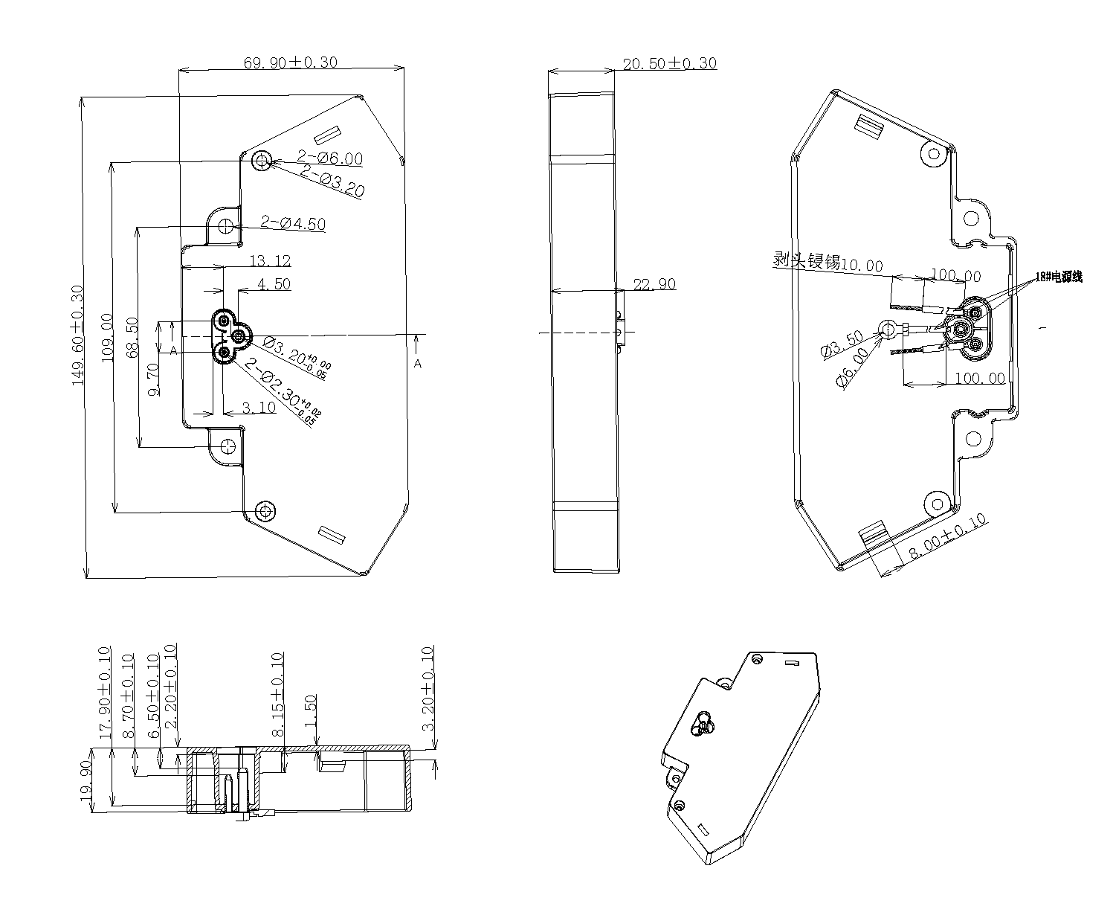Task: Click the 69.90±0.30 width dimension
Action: tap(291, 62)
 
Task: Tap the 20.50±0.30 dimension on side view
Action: tap(669, 63)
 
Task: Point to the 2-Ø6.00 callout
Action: tap(330, 158)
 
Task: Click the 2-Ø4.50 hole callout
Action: tap(293, 222)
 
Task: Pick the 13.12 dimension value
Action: tap(270, 261)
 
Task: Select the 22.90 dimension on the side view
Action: tap(654, 284)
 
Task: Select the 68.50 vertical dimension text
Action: tap(132, 338)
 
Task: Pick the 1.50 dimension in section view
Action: tap(311, 713)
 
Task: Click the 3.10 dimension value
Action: tap(259, 408)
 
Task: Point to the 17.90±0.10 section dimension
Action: tap(104, 691)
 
